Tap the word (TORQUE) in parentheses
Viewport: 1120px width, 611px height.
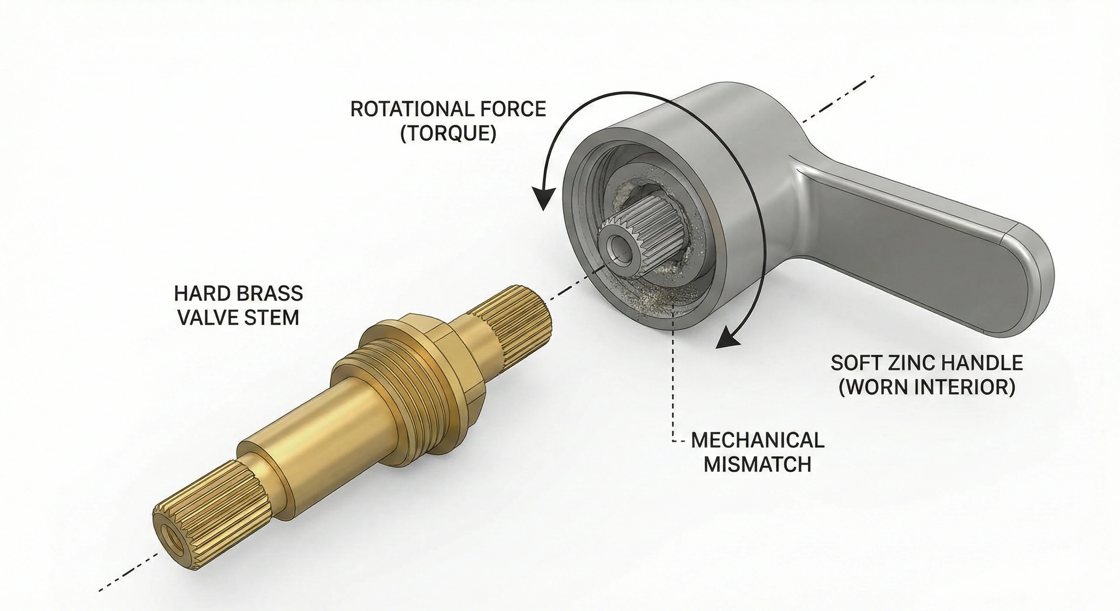[x=448, y=134]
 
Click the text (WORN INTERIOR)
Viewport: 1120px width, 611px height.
[x=927, y=387]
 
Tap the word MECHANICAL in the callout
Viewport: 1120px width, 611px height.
[x=757, y=440]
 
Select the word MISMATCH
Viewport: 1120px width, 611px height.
[x=757, y=465]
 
